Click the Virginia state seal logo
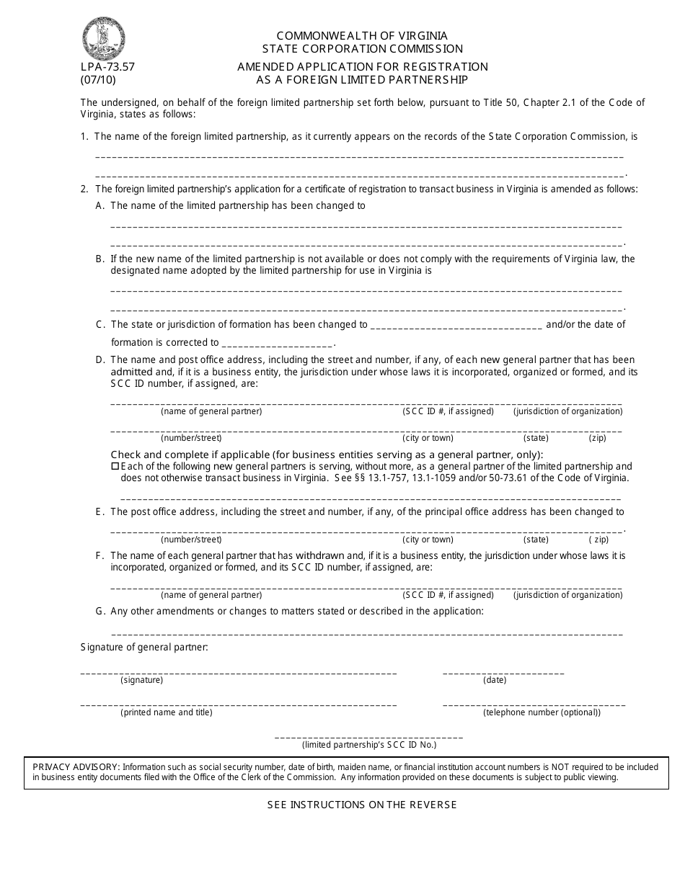[x=104, y=38]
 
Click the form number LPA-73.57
[x=107, y=67]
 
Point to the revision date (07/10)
[x=98, y=80]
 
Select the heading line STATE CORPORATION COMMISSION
[x=363, y=49]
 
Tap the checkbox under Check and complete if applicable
[x=115, y=467]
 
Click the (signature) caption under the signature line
[x=141, y=680]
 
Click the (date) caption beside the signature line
[x=495, y=680]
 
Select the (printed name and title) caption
[x=167, y=712]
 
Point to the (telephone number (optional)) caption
[x=542, y=712]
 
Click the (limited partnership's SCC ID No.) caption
[x=369, y=745]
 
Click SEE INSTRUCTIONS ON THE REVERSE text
[x=362, y=805]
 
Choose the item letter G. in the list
[x=100, y=611]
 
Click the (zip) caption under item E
[x=598, y=540]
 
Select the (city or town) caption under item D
[x=428, y=438]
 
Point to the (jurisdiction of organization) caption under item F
[x=567, y=595]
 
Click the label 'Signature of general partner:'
[x=144, y=648]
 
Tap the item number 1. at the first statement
[x=84, y=136]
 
